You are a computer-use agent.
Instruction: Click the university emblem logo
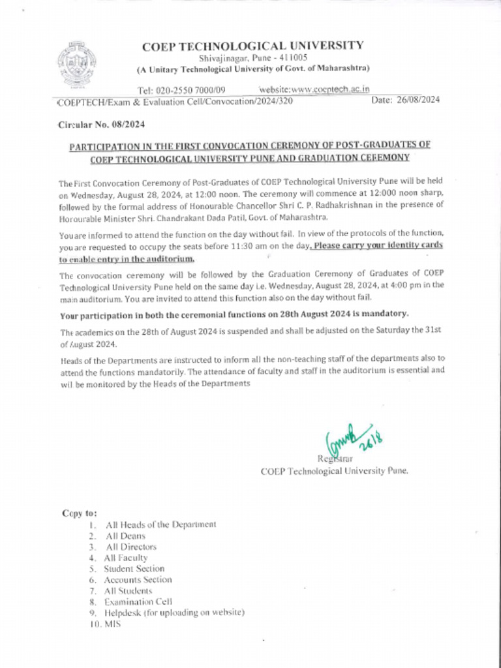[78, 65]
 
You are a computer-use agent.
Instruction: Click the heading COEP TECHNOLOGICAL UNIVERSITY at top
[253, 46]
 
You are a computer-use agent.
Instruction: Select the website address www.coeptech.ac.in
[315, 89]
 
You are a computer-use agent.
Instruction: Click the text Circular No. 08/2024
[101, 123]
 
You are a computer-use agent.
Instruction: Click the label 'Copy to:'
[80, 513]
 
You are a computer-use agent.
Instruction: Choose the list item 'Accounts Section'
[138, 579]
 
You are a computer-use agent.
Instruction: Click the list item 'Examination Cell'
[138, 601]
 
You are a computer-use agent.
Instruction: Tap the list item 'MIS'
[112, 624]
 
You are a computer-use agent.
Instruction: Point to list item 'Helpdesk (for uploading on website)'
[174, 613]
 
